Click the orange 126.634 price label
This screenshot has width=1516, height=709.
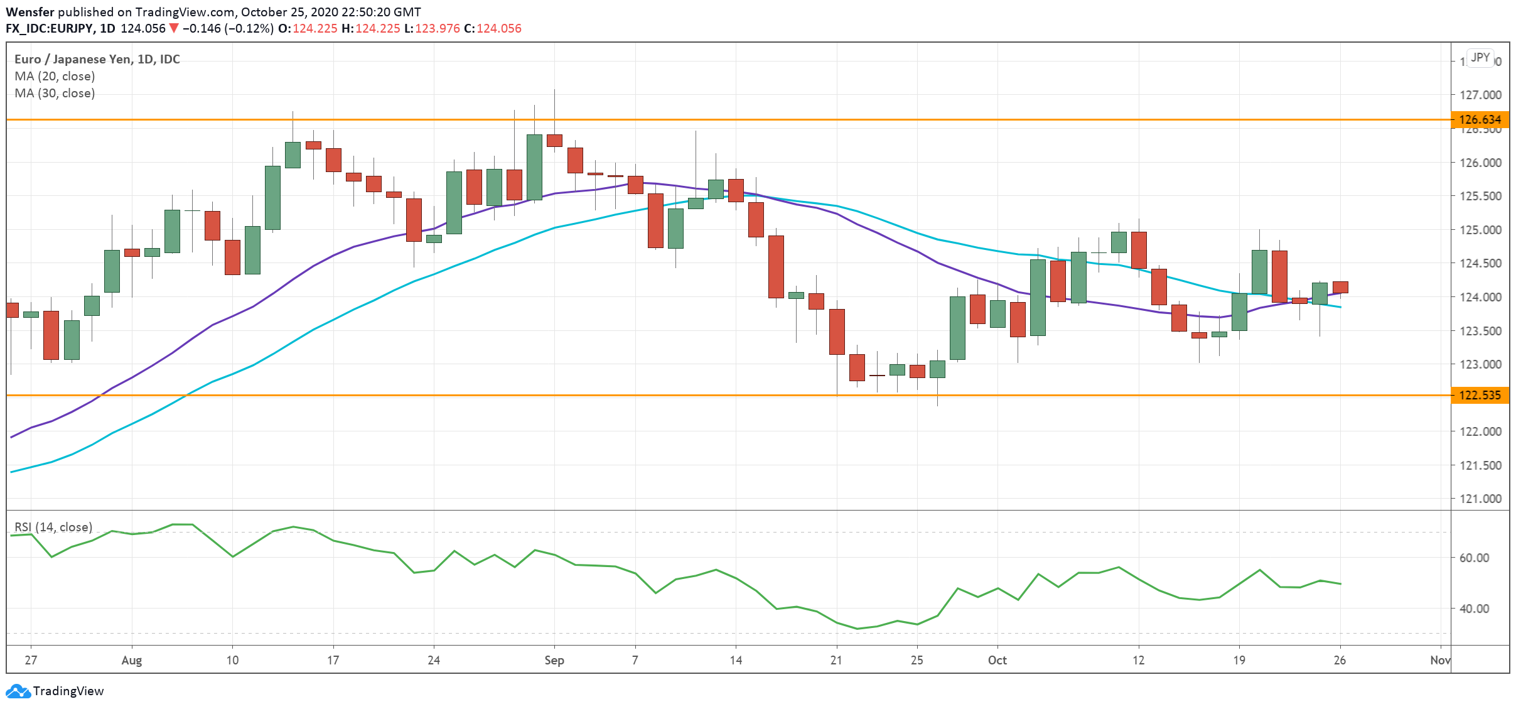1480,119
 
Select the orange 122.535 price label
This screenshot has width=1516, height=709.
1480,395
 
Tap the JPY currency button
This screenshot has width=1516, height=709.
1480,58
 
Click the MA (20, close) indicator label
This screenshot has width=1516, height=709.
55,76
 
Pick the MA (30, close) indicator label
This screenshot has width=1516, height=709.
55,93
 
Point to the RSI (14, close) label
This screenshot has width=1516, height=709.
53,527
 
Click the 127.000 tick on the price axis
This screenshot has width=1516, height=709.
1480,95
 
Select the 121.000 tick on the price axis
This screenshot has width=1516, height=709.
1480,499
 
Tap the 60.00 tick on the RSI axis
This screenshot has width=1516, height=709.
1474,558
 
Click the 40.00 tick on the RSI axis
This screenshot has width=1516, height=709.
1474,609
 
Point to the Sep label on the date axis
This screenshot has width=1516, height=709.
554,660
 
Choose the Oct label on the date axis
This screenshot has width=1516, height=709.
997,660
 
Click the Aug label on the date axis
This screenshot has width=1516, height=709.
132,660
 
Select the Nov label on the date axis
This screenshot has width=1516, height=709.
1440,660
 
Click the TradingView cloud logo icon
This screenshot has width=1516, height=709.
18,691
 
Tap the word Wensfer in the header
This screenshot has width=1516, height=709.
30,12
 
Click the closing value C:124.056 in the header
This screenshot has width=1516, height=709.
493,28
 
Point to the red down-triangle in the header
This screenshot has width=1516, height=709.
174,28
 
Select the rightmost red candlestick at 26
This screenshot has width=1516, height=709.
1340,287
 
